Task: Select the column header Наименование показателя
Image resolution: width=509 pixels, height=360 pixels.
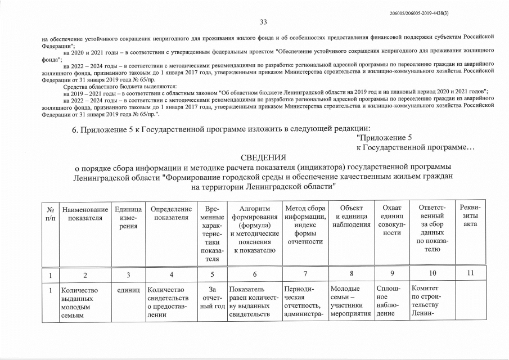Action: point(85,213)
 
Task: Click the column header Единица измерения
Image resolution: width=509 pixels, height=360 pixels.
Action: point(128,217)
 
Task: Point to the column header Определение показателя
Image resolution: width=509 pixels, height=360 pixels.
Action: point(171,213)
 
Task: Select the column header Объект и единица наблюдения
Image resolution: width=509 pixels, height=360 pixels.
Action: point(352,213)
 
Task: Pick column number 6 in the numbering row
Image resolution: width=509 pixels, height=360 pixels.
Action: point(255,274)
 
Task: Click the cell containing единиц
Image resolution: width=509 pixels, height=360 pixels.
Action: point(128,290)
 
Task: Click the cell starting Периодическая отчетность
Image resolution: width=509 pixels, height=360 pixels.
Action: point(304,302)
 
